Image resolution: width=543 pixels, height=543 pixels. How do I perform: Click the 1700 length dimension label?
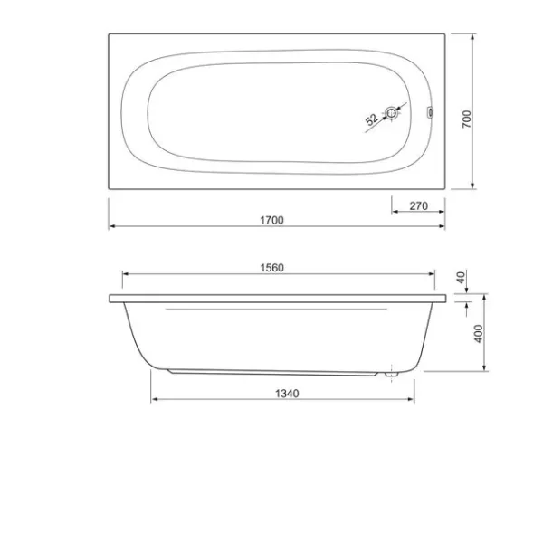click(271, 220)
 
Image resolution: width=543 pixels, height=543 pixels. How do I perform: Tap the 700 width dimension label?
click(467, 119)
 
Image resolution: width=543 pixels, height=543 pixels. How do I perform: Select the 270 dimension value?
click(419, 206)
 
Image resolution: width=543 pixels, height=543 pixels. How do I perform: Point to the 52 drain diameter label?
click(372, 119)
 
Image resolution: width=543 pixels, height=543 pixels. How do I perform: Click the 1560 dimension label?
click(271, 268)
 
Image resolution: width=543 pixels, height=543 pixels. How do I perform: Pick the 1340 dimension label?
click(287, 394)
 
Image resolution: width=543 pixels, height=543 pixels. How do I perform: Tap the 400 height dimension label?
click(478, 333)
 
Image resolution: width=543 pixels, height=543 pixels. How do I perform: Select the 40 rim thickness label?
click(461, 278)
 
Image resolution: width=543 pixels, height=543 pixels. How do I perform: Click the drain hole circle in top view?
click(391, 113)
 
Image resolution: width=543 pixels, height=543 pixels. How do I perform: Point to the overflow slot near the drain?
click(431, 112)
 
